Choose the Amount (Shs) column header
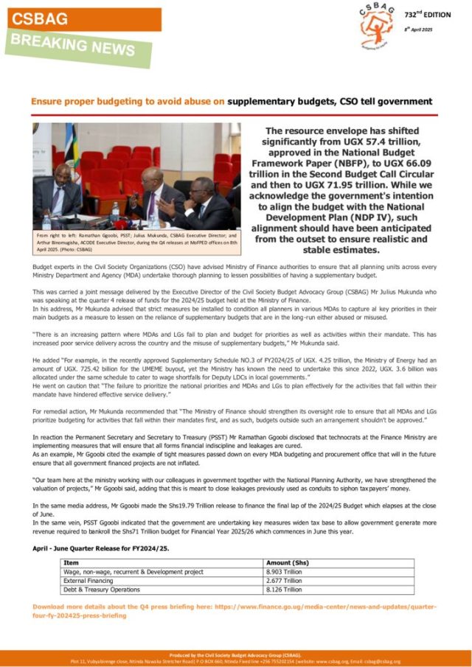coord(287,562)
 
